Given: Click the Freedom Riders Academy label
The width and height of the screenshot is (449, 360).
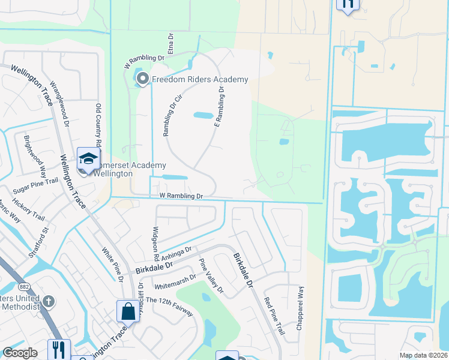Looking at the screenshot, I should [x=200, y=80].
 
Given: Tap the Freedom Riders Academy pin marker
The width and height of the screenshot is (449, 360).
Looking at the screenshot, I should [x=143, y=79].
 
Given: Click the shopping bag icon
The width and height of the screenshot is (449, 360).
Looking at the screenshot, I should [x=128, y=311].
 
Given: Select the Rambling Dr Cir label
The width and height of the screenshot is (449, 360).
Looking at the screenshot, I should [x=170, y=115].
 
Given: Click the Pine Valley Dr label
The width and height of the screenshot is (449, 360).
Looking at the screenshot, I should [x=211, y=277].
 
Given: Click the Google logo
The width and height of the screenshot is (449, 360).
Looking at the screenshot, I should [x=20, y=353].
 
